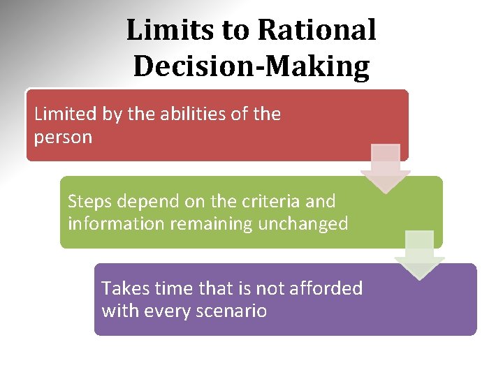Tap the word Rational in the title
pyautogui.click(x=316, y=30)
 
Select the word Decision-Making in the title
pyautogui.click(x=251, y=66)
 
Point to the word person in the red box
pyautogui.click(x=63, y=137)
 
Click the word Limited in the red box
pyautogui.click(x=65, y=114)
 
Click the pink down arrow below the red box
pyautogui.click(x=385, y=168)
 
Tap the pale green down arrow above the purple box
pyautogui.click(x=419, y=255)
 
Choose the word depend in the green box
pyautogui.click(x=148, y=201)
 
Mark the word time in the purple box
pyautogui.click(x=168, y=288)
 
